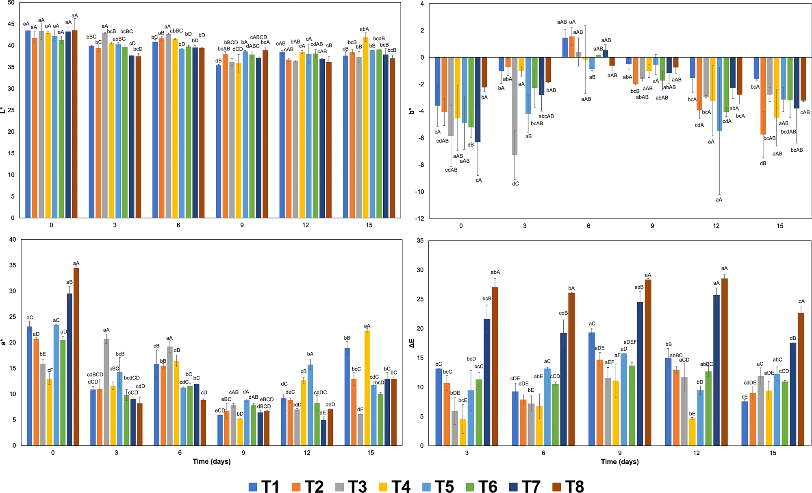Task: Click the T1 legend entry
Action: pos(264,486)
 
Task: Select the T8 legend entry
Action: pos(569,486)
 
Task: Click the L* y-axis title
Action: pos(4,110)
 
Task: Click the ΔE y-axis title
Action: pos(412,343)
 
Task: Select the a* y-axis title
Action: pos(4,342)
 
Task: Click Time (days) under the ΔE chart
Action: pos(619,462)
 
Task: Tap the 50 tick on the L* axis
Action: pos(11,3)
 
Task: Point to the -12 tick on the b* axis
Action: pos(419,218)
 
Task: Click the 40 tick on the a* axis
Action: pos(13,240)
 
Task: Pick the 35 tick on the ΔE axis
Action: pos(420,241)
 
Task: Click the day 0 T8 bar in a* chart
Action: pos(76,356)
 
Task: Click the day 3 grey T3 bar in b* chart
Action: pos(515,106)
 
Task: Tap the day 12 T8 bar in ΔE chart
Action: pos(724,362)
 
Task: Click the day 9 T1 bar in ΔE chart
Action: pos(592,389)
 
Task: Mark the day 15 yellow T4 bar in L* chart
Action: pos(366,127)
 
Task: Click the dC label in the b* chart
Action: pos(515,184)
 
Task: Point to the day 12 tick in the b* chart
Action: pos(716,226)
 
